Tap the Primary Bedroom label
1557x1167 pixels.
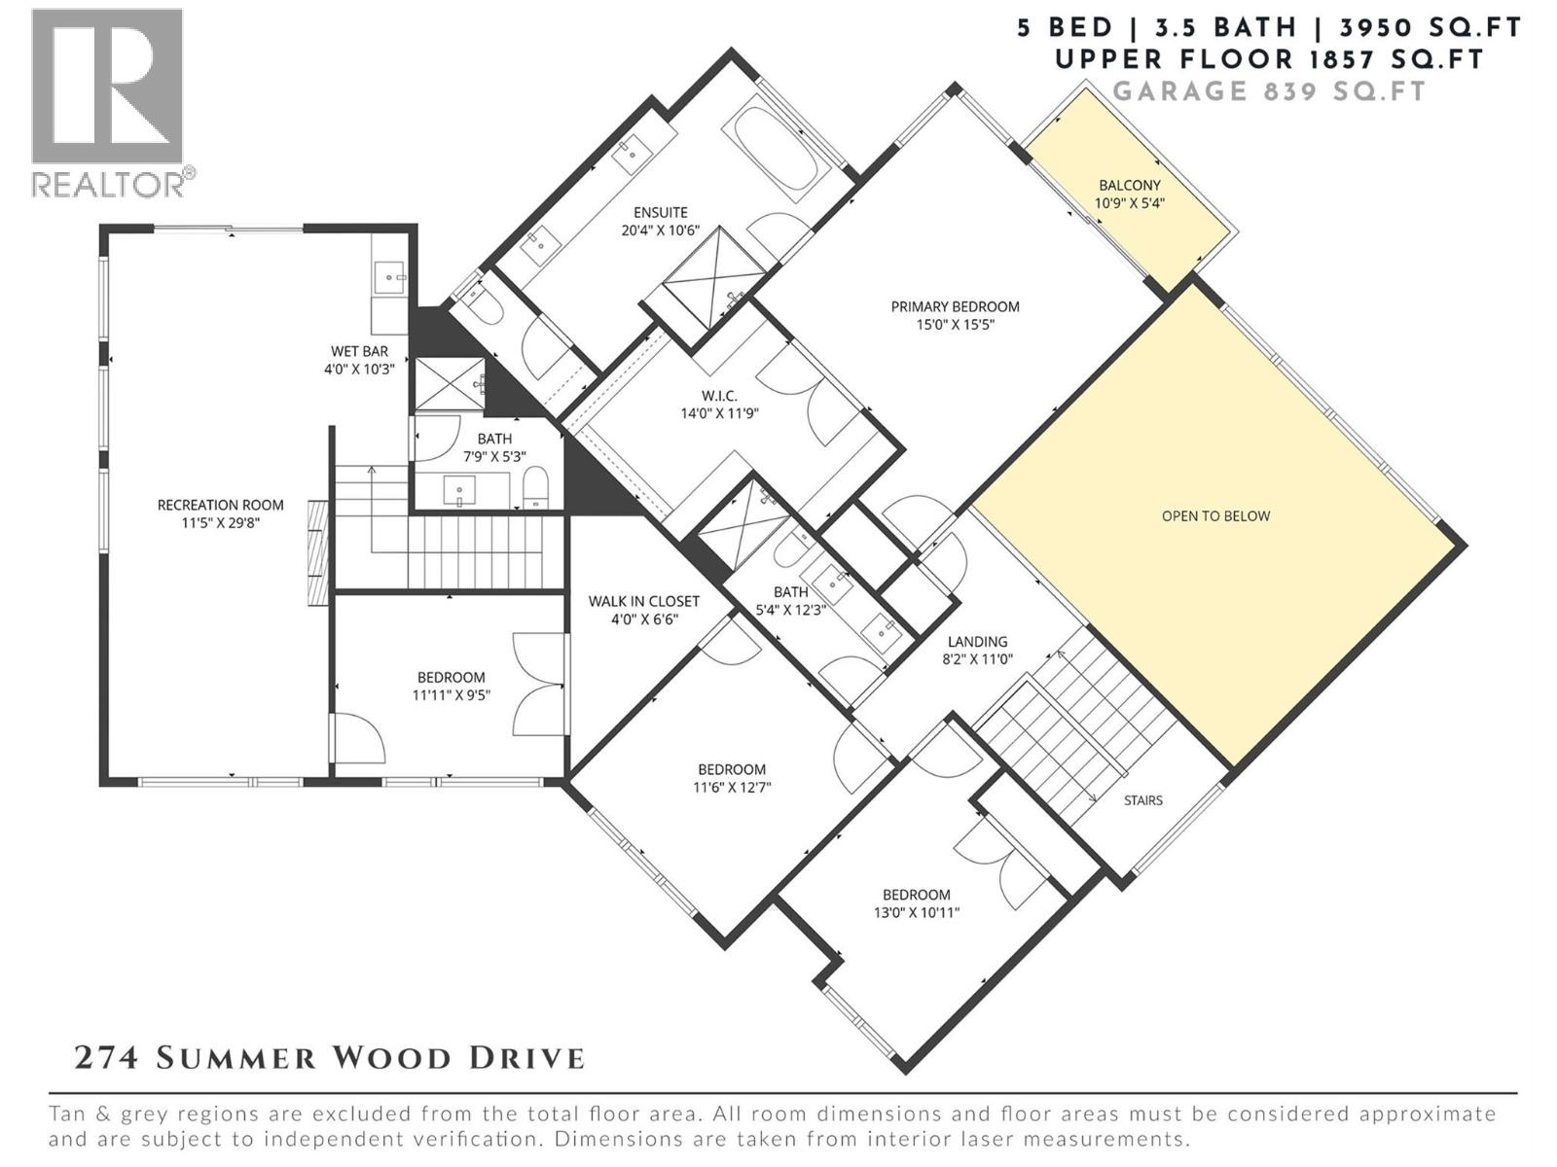(x=955, y=306)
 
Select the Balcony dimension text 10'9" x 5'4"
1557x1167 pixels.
(x=1129, y=204)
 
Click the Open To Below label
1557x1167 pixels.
(x=1215, y=516)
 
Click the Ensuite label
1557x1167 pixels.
(x=660, y=212)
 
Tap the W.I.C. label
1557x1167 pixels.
(x=719, y=396)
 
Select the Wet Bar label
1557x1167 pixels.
(x=359, y=351)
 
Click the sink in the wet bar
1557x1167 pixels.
(x=392, y=278)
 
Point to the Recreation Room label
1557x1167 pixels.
(x=220, y=505)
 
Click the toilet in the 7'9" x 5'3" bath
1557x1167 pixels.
(x=536, y=487)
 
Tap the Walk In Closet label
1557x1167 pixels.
(x=643, y=601)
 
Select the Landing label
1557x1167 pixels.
(x=977, y=642)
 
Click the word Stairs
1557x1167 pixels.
(x=1142, y=800)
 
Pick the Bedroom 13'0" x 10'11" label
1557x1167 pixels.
(x=916, y=895)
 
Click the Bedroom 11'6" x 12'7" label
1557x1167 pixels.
(x=731, y=769)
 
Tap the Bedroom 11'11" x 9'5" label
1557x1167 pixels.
(x=451, y=678)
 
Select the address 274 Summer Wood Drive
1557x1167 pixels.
(x=330, y=1058)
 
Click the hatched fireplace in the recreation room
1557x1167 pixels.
(x=318, y=554)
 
